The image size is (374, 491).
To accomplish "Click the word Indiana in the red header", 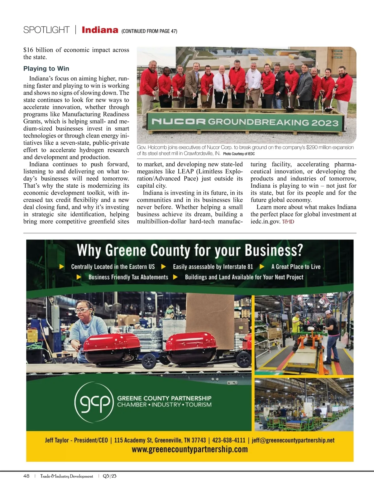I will pyautogui.click(x=100, y=30).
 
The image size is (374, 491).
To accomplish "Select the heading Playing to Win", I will pyautogui.click(x=46, y=69).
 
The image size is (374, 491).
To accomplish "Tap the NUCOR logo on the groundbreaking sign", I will pyautogui.click(x=178, y=121).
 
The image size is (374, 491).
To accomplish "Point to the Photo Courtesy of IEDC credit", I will pyautogui.click(x=239, y=154).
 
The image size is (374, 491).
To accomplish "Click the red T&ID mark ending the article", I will pyautogui.click(x=288, y=222).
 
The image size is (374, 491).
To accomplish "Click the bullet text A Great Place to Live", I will pyautogui.click(x=295, y=267).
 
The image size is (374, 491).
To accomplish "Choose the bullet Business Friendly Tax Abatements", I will pyautogui.click(x=128, y=277).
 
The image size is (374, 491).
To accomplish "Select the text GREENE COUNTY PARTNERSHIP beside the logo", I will pyautogui.click(x=164, y=398).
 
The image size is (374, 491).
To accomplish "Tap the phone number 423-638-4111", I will pyautogui.click(x=229, y=440).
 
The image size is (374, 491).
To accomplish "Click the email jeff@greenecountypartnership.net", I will pyautogui.click(x=293, y=440).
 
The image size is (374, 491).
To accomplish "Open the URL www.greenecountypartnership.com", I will pyautogui.click(x=189, y=450).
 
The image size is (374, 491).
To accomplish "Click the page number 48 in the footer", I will pyautogui.click(x=26, y=476).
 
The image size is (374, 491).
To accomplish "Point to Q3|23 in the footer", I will pyautogui.click(x=109, y=476).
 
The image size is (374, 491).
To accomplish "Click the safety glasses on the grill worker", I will pyautogui.click(x=82, y=310).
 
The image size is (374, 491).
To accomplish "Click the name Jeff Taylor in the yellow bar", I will pyautogui.click(x=57, y=440).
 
